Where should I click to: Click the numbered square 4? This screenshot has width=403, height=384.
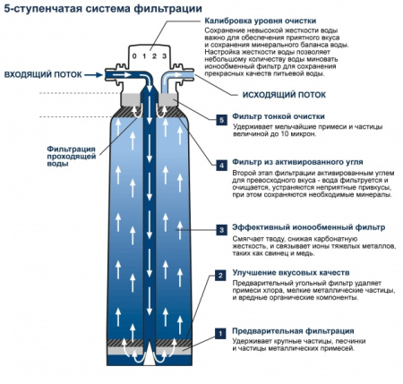[220, 165]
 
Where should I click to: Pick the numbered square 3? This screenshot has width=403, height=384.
[220, 230]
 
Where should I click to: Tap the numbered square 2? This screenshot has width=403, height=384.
[220, 276]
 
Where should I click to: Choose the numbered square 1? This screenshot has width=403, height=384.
[220, 333]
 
